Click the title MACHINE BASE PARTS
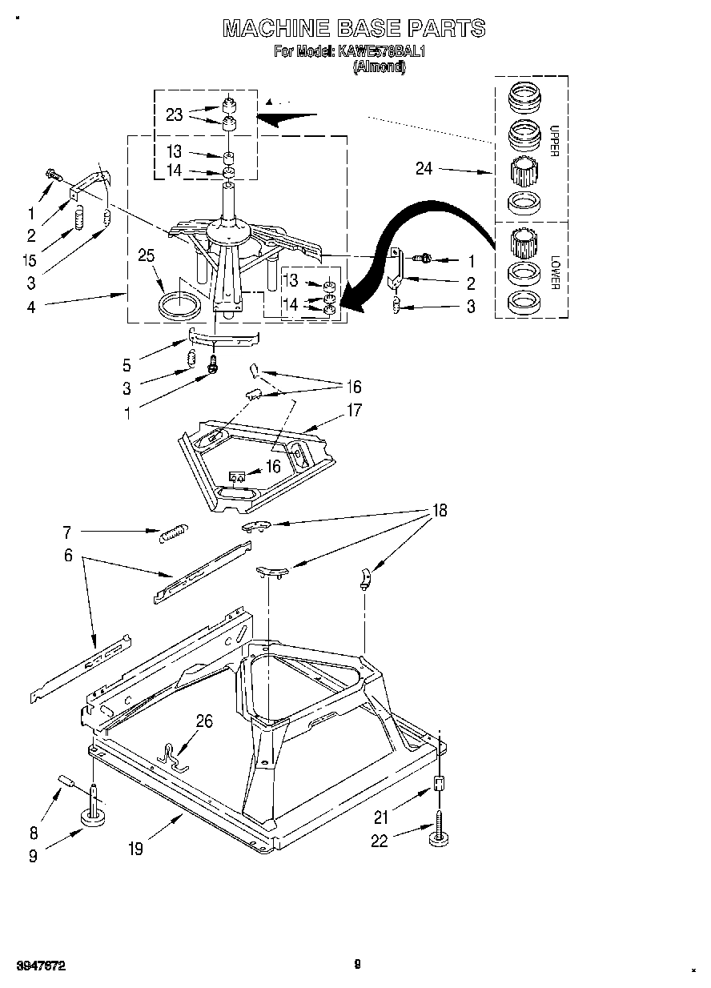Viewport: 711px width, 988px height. point(353,28)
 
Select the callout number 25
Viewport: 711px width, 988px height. point(147,256)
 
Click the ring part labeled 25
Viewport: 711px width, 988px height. point(179,305)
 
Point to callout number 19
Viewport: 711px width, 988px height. point(135,849)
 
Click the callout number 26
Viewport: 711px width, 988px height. point(204,721)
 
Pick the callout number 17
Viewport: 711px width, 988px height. point(353,411)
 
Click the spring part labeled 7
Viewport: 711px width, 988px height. point(174,531)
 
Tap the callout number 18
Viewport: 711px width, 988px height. point(439,510)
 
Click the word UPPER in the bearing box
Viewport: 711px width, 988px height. point(553,141)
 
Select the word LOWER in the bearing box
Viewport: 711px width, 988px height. point(553,272)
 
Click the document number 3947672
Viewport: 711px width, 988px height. point(40,967)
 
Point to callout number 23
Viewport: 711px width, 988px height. point(175,115)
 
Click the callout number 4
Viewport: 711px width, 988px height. point(31,306)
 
